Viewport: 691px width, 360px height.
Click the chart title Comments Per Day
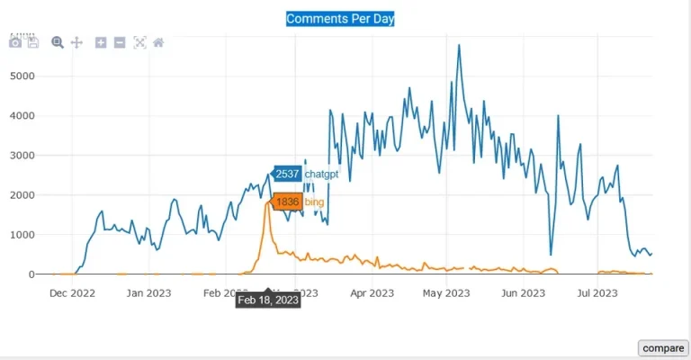(x=340, y=18)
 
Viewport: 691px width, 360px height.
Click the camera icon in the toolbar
(x=15, y=42)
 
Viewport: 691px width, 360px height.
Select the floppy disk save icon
(x=33, y=42)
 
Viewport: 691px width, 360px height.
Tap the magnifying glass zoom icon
(x=58, y=42)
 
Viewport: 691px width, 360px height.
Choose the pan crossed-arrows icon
(x=76, y=42)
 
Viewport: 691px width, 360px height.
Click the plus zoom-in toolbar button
(x=101, y=42)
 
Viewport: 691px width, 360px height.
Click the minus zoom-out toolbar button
(x=120, y=42)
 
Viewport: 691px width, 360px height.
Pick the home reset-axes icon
(x=158, y=42)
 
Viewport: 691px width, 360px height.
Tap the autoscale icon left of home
(x=139, y=42)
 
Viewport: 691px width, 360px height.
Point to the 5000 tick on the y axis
(x=21, y=76)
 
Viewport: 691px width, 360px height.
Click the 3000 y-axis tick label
(x=21, y=155)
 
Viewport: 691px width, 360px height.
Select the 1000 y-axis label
(x=21, y=234)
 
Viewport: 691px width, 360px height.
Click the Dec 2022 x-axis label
(x=72, y=292)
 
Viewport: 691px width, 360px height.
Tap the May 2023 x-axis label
(x=446, y=292)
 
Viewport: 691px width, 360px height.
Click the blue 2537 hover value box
(x=287, y=174)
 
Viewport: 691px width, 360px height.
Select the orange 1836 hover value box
(x=287, y=202)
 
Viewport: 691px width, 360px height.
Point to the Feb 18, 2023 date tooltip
(x=268, y=300)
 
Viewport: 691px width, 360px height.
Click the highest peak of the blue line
(x=459, y=45)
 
